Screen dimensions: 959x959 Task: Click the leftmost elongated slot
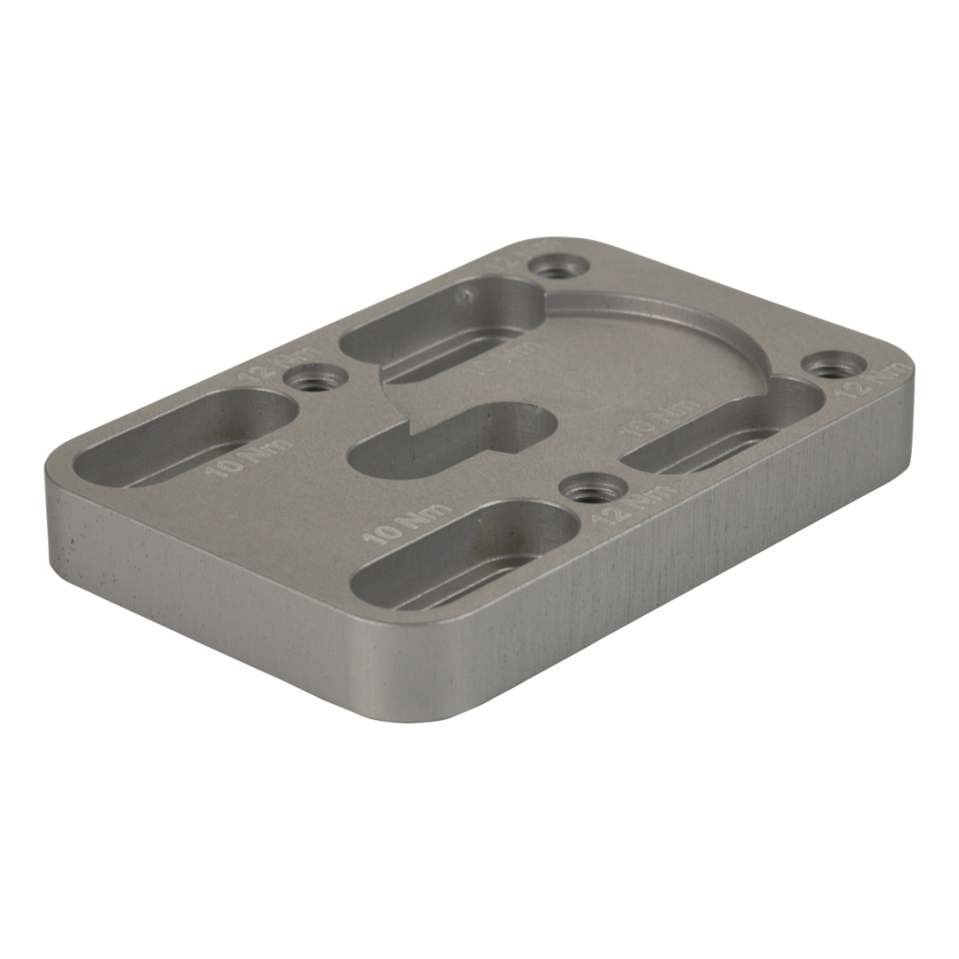(184, 442)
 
